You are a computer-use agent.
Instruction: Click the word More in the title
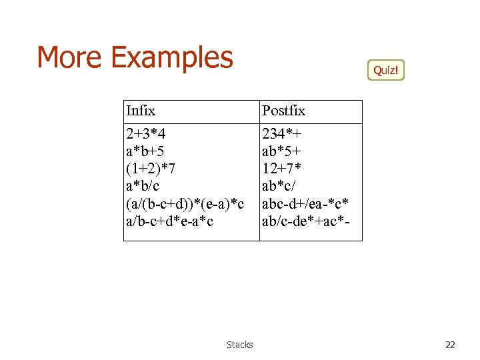(x=70, y=57)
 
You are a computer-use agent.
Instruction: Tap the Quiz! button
(x=386, y=70)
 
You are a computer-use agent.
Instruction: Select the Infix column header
(x=141, y=111)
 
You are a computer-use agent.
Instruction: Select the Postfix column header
(x=283, y=111)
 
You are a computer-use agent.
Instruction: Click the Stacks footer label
(x=240, y=345)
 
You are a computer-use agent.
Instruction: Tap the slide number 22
(x=450, y=345)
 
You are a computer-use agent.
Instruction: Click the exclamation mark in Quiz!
(x=398, y=70)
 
